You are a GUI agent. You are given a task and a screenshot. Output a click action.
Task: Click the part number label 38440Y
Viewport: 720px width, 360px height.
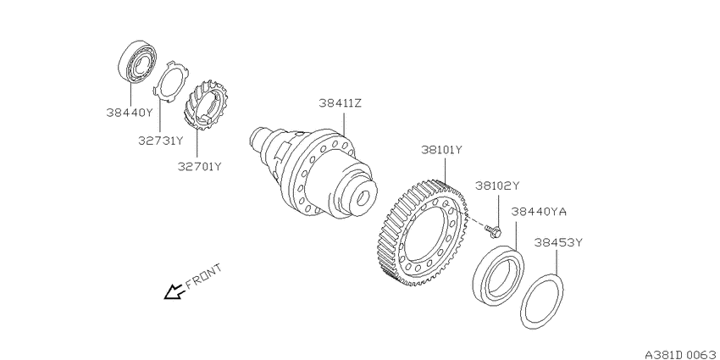coord(129,112)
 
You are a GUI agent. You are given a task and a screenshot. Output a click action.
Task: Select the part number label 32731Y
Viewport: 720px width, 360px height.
coord(161,141)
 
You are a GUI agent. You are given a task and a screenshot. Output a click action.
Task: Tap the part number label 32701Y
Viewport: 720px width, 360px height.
coord(200,166)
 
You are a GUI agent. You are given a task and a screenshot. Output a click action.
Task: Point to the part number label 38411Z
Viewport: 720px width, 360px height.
coord(341,103)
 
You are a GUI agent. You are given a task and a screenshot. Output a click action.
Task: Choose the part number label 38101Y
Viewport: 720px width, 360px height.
coord(441,150)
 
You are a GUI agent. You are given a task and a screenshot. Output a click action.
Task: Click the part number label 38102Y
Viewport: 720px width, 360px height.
coord(497,186)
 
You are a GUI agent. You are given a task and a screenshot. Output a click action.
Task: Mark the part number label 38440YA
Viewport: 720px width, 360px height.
coord(539,212)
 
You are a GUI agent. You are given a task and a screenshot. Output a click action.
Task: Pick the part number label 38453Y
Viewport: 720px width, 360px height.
coord(558,242)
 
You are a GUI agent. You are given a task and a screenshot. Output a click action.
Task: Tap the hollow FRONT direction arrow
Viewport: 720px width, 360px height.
coord(174,291)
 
